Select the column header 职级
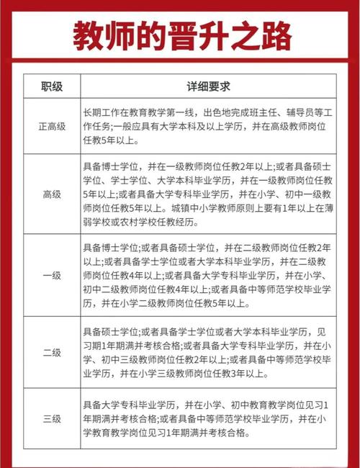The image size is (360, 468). (52, 86)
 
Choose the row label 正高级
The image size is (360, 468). (52, 126)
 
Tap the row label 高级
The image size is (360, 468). (52, 194)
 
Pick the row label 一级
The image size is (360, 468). (52, 274)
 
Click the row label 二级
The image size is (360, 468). (52, 354)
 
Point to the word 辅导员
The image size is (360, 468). (300, 112)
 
